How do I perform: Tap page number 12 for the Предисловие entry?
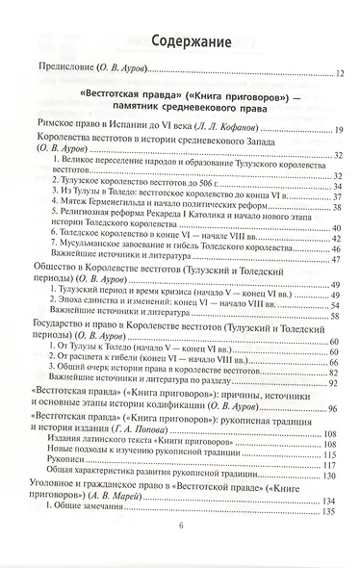click(x=342, y=72)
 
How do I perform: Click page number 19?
click(x=342, y=129)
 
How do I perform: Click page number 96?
click(x=342, y=410)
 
